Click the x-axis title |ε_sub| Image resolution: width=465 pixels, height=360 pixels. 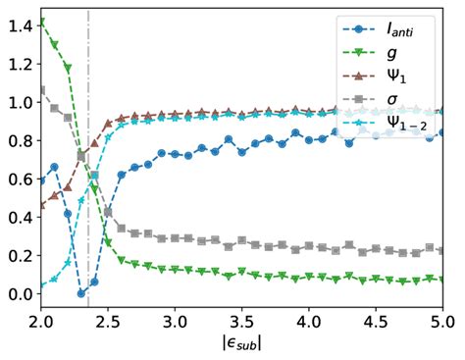click(x=242, y=344)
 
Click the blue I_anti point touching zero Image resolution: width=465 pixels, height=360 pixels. click(x=81, y=292)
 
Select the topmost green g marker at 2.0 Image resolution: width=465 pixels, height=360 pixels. click(x=41, y=23)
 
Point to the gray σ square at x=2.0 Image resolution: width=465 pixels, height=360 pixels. click(x=41, y=91)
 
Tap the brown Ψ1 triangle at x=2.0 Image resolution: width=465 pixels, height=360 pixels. click(x=41, y=206)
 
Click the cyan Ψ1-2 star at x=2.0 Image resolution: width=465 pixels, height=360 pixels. click(x=41, y=286)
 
